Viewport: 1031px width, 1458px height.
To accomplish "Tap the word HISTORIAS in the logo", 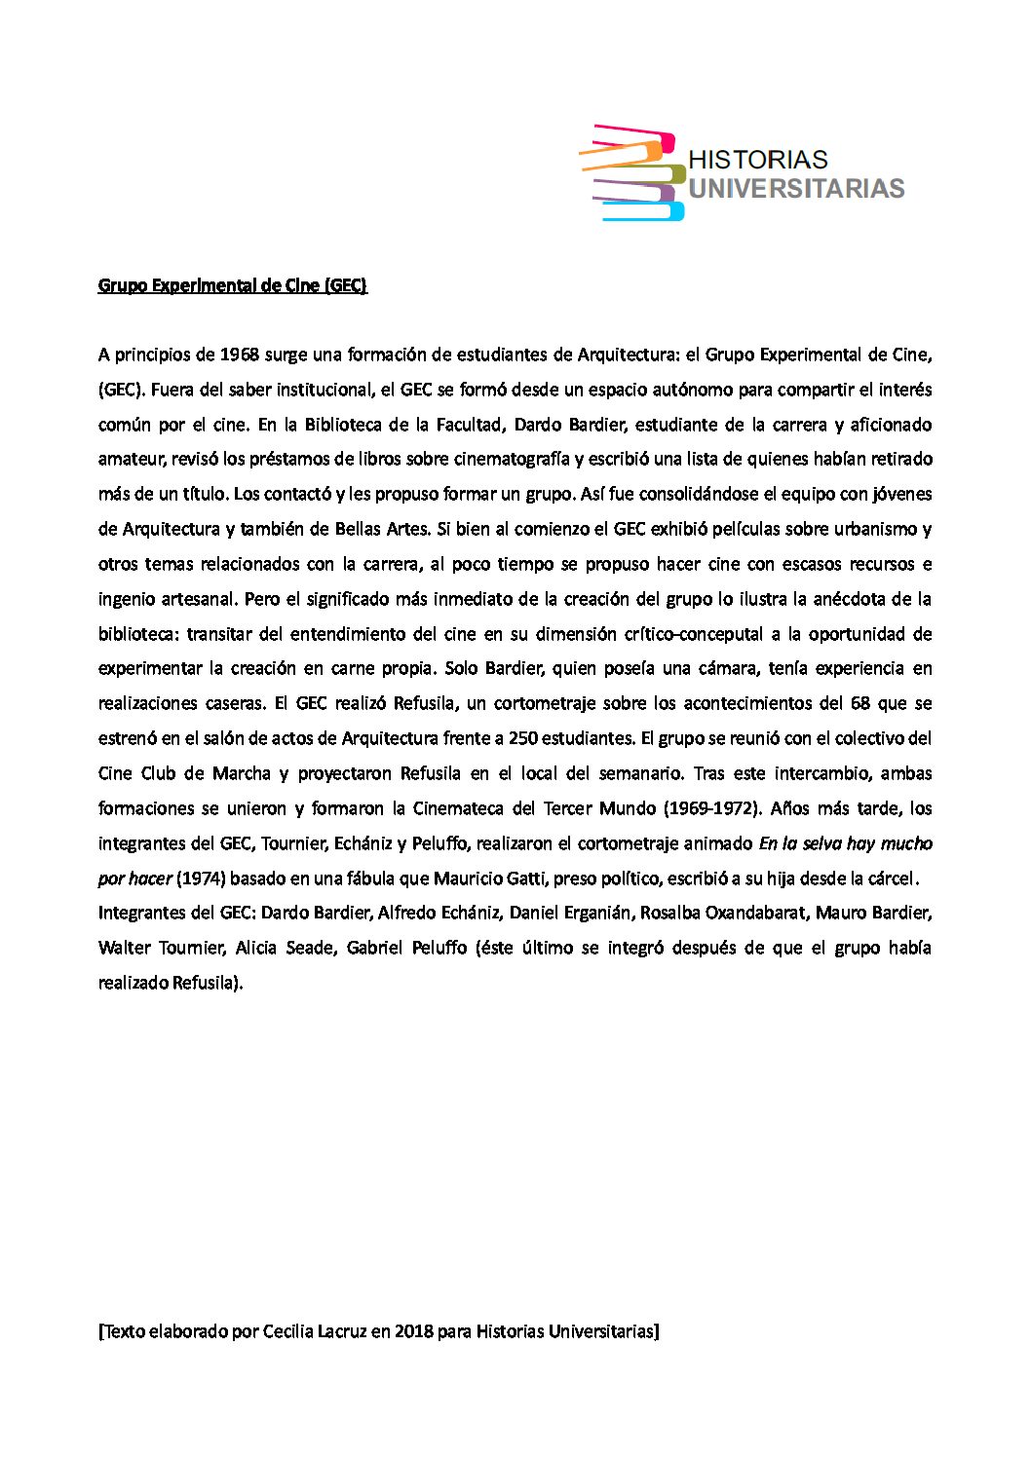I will tap(758, 160).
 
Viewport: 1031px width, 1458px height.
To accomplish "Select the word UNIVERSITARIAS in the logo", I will tap(796, 188).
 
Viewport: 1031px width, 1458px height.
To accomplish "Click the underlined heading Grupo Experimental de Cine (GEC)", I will tap(233, 285).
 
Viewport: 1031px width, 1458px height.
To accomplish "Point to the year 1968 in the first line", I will tap(240, 354).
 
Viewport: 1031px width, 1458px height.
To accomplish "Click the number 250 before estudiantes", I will tap(524, 738).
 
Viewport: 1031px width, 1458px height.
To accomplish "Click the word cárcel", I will tap(889, 879).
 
